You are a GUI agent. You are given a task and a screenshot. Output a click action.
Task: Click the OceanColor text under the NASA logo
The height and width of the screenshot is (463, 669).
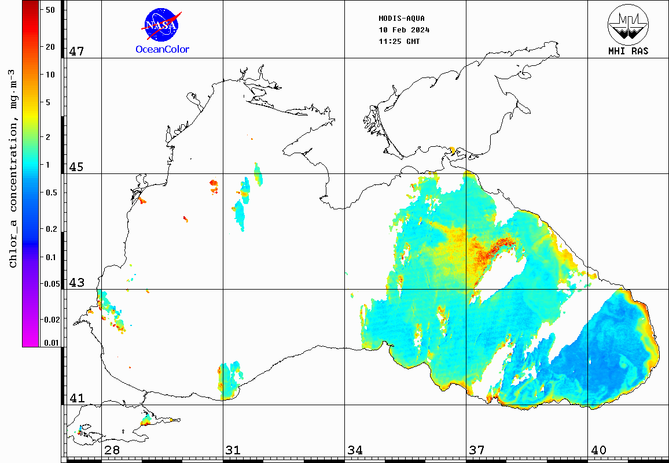tap(162, 50)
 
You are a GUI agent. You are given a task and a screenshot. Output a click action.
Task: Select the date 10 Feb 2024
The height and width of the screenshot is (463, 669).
tap(404, 30)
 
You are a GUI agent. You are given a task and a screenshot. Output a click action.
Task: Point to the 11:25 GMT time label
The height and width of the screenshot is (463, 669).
tap(399, 42)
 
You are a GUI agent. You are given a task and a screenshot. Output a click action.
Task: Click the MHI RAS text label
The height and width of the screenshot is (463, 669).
tap(628, 51)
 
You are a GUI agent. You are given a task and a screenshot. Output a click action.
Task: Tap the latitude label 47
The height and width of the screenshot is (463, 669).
tap(77, 51)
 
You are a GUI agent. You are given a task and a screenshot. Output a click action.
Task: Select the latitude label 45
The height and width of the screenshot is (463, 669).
tap(77, 167)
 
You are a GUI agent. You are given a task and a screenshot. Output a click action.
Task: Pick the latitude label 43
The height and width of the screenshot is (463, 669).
tap(77, 283)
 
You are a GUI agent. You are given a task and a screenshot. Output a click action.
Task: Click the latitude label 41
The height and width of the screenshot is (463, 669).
tap(77, 398)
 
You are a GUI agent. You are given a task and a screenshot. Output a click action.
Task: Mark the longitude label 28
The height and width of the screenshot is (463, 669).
tap(112, 450)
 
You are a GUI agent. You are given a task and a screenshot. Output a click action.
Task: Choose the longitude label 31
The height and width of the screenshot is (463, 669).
tap(233, 450)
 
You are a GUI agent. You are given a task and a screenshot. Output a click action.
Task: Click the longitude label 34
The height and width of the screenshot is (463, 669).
tap(355, 450)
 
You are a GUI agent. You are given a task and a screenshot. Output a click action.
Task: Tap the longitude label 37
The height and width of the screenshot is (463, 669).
tap(476, 450)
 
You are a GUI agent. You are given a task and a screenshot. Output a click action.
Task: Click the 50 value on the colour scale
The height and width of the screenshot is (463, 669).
tap(50, 10)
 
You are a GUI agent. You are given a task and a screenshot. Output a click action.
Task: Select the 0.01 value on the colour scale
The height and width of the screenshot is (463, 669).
tap(51, 343)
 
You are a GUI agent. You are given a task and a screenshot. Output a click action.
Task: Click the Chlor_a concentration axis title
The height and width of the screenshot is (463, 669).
tap(13, 168)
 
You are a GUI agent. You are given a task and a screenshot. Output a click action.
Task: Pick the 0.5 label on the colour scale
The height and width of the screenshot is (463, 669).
tap(51, 192)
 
